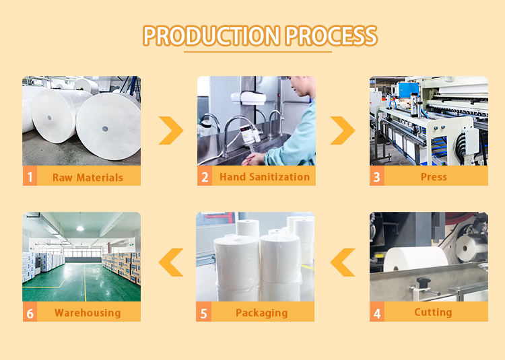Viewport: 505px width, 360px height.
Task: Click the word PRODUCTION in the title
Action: pyautogui.click(x=209, y=36)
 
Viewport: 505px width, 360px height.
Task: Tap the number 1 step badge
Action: pyautogui.click(x=30, y=177)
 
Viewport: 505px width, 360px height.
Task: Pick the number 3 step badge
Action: pyautogui.click(x=377, y=177)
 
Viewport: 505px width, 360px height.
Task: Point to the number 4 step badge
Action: pyautogui.click(x=377, y=312)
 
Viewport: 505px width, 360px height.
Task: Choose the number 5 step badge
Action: pyautogui.click(x=204, y=312)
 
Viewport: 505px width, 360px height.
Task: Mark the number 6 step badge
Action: pyautogui.click(x=30, y=312)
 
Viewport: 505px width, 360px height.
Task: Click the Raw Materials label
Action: pyautogui.click(x=88, y=178)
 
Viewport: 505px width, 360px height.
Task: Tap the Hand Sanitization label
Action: pyautogui.click(x=264, y=177)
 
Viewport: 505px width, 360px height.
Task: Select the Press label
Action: pyautogui.click(x=434, y=177)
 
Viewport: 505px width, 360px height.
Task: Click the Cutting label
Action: pyautogui.click(x=433, y=312)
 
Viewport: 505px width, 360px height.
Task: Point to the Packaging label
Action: pyautogui.click(x=261, y=313)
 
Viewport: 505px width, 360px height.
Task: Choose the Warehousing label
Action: pyautogui.click(x=88, y=313)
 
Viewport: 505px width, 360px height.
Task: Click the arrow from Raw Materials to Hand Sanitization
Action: pyautogui.click(x=171, y=130)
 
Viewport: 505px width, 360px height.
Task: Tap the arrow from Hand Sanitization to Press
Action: pyautogui.click(x=343, y=130)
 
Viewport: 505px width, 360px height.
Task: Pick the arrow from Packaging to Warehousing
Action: pyautogui.click(x=171, y=262)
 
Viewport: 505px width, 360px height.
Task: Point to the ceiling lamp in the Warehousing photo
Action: pyautogui.click(x=79, y=228)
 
